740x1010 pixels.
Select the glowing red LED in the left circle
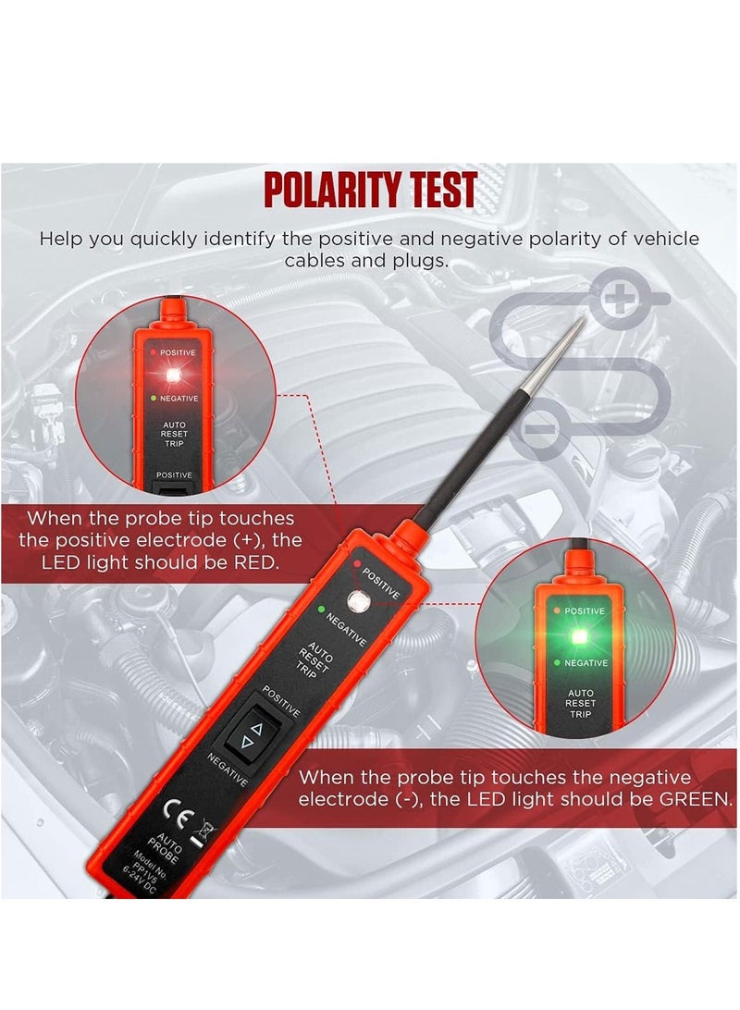[x=171, y=375]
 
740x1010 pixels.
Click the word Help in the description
[x=67, y=239]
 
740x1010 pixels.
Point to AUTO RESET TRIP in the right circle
[x=580, y=703]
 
